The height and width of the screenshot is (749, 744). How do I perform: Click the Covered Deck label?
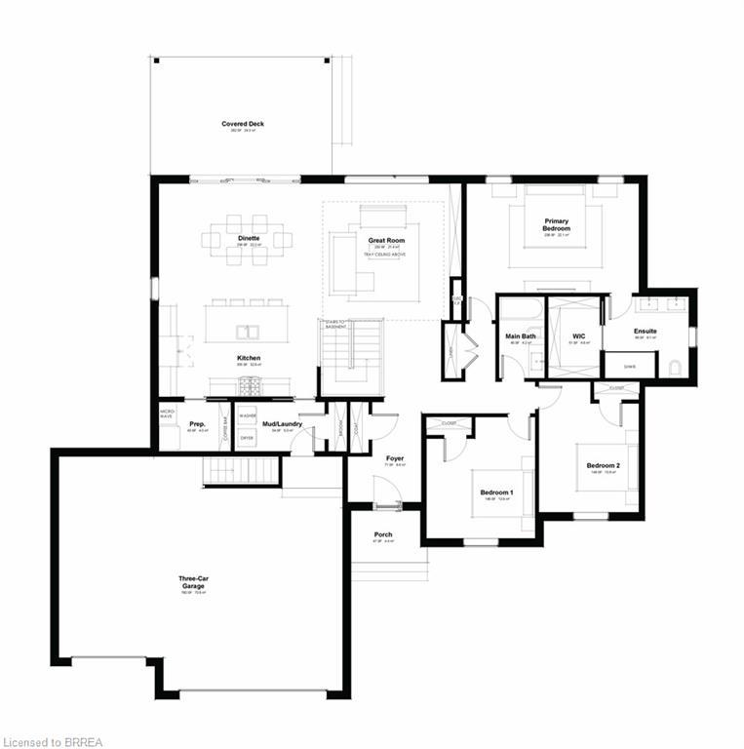point(243,124)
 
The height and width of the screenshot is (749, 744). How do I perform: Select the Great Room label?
point(386,240)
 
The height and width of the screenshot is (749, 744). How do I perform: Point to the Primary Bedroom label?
point(557,224)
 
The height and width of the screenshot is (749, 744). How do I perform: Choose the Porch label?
point(383,534)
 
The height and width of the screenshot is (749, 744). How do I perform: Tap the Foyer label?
point(394,458)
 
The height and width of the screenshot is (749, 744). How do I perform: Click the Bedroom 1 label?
point(496,493)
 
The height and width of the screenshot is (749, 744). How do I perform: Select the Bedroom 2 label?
point(603,465)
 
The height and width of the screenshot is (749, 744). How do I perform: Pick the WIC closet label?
point(577,336)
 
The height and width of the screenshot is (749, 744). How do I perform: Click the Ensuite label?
point(645,332)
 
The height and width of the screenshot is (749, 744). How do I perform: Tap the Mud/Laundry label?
point(283,424)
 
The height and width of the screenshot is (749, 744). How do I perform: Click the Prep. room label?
point(196,424)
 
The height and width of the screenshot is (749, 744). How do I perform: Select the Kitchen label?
point(248,358)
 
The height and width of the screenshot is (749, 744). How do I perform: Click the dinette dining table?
point(248,238)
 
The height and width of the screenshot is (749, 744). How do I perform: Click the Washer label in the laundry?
point(247,414)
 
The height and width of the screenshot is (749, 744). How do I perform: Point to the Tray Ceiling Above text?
point(386,255)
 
